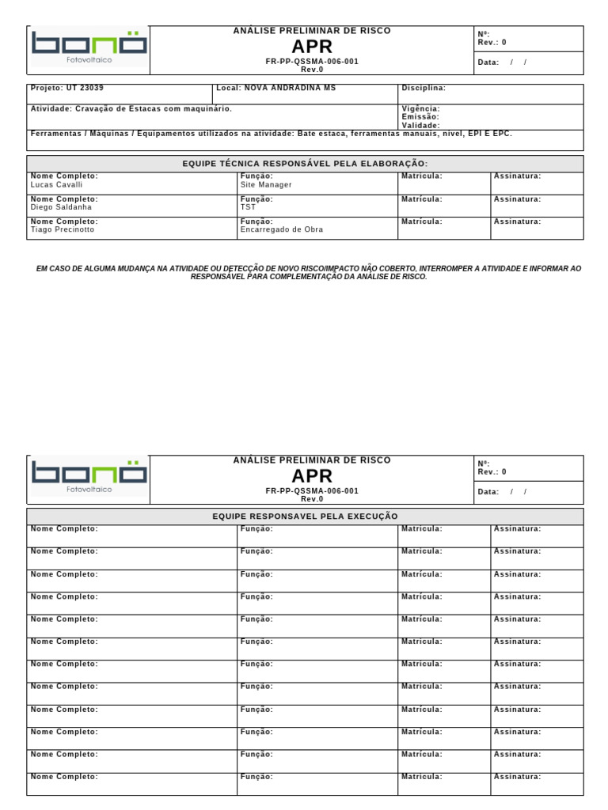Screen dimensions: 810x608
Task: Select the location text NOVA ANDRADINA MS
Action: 290,88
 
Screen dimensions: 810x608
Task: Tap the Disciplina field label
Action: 424,88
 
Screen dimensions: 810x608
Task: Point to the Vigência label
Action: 420,108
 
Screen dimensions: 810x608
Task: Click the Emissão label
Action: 420,117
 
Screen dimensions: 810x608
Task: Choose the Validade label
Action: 420,125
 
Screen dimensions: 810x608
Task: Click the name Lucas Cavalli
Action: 56,184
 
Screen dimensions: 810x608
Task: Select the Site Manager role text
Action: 266,184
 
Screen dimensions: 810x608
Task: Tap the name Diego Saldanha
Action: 61,207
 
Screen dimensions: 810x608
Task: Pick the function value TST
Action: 249,207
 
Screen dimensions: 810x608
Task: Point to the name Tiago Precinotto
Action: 62,229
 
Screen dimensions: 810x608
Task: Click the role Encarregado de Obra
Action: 282,229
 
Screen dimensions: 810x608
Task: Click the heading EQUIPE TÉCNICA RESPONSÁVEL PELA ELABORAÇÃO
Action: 305,164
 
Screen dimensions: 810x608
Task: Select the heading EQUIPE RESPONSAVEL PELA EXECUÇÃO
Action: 305,517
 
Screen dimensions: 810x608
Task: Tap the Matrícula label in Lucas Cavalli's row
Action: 421,176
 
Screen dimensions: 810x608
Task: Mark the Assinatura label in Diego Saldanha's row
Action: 517,199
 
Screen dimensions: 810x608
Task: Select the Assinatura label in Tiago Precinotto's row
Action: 517,221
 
